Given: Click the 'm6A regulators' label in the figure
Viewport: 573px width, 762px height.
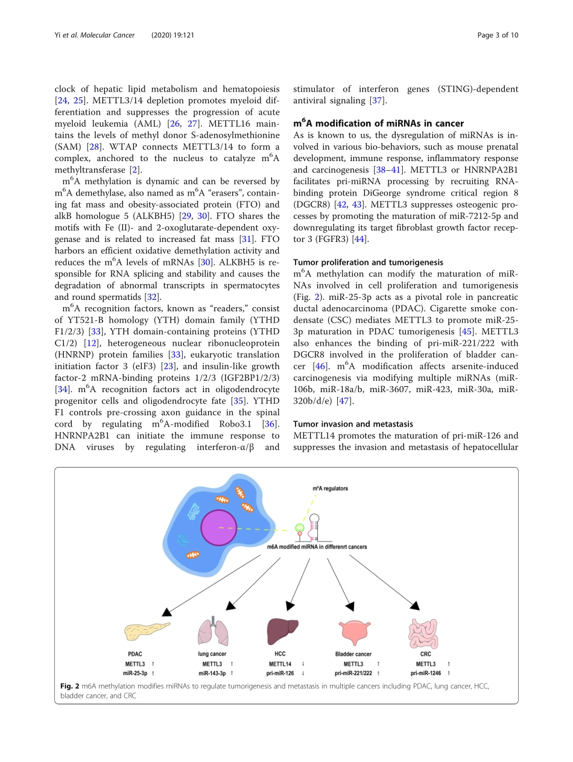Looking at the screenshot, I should pos(329,487).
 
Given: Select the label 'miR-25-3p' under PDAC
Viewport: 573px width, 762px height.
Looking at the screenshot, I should pos(136,672).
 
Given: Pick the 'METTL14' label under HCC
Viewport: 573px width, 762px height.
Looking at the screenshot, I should pos(280,663).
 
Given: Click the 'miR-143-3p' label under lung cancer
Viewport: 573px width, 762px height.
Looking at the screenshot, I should pos(212,672).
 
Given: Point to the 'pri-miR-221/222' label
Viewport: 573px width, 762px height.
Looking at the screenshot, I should pos(353,672).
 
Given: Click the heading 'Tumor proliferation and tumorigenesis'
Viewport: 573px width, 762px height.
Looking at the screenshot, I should pos(368,262).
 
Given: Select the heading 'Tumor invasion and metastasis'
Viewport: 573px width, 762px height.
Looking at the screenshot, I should pos(354,424).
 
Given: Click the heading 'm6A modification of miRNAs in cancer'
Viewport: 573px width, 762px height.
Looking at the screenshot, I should pos(378,123).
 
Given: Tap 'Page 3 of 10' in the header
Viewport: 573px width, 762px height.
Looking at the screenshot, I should pos(498,35).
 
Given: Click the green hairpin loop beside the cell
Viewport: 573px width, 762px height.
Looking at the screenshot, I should pos(299,529).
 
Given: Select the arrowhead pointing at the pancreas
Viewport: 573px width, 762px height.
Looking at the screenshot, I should pos(167,611).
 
